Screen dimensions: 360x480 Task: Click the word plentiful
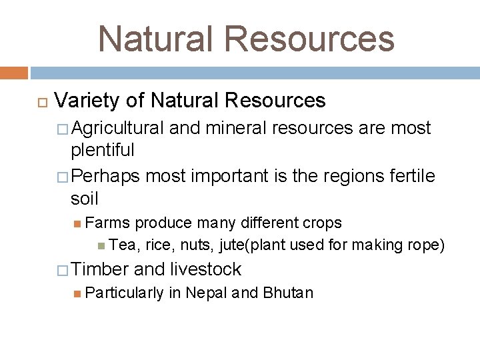(x=103, y=150)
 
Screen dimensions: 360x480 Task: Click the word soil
(x=84, y=199)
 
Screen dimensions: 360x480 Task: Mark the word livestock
(x=206, y=269)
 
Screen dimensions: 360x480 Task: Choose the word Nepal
(x=207, y=293)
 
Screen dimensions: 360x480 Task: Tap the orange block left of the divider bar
(x=14, y=73)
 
